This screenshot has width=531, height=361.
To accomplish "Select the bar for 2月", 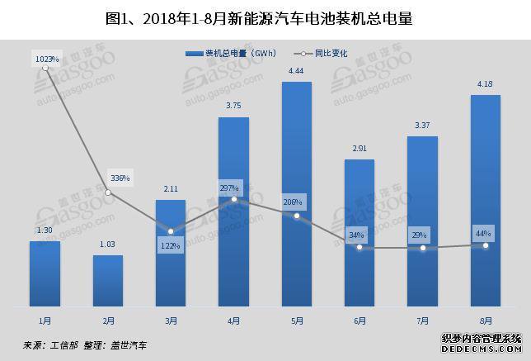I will point(107,281).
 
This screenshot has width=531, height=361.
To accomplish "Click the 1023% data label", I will point(46,59).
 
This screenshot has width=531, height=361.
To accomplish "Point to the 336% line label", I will point(119,178).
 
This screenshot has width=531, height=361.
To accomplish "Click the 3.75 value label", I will point(234,106).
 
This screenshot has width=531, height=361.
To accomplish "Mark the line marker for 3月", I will point(171,231).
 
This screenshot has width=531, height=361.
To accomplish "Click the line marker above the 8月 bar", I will point(486,245).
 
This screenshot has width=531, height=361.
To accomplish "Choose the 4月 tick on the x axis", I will point(233,321).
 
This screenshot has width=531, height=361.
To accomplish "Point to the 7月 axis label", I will point(423,321).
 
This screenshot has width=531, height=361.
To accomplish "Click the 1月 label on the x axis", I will point(45,321).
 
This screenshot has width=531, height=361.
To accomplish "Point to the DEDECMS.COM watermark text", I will point(482,349).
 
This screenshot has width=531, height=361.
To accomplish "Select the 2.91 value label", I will point(359,148).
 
